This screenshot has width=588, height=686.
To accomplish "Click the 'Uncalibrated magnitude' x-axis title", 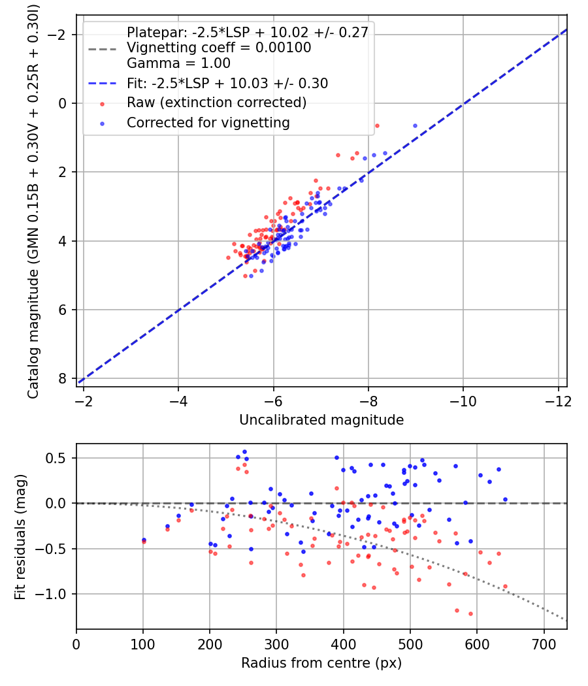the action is (x=321, y=420).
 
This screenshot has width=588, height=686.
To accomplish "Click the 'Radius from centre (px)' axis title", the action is (x=321, y=663).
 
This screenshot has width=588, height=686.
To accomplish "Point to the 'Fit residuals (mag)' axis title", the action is (x=20, y=537).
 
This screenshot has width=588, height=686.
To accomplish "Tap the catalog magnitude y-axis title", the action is (x=33, y=202).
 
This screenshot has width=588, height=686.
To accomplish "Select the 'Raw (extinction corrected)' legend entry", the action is (x=216, y=103).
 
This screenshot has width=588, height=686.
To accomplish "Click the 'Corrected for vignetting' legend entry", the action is (x=208, y=123).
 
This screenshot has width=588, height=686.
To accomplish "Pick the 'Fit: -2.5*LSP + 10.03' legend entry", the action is (x=227, y=83).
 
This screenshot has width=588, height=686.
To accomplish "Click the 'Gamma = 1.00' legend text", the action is (x=178, y=63).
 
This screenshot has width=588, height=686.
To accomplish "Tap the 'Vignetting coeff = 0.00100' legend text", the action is (x=219, y=48).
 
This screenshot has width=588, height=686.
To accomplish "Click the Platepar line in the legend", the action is (x=248, y=32).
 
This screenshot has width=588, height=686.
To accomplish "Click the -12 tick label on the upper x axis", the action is (x=558, y=401).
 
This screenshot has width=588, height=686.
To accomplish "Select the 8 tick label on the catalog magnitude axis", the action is (x=62, y=378).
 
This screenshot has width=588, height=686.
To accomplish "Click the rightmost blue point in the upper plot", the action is (x=415, y=126).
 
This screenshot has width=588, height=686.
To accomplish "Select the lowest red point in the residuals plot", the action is (x=471, y=614).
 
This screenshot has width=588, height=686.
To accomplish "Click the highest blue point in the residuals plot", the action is (x=244, y=452).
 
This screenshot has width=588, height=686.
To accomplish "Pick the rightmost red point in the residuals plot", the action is (x=505, y=586).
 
